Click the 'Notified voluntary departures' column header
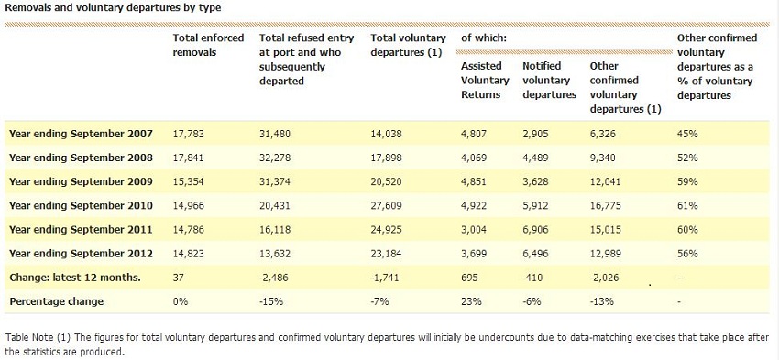coord(548,80)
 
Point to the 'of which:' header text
coord(484,38)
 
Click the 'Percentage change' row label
coord(56,301)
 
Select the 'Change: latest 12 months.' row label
coord(74,278)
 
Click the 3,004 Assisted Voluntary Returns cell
coord(475,229)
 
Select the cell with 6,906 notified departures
coord(537,229)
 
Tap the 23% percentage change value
coord(469,301)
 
